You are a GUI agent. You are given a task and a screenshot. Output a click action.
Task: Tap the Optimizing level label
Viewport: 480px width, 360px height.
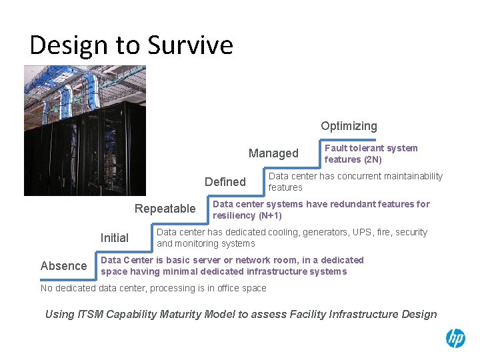coord(349,126)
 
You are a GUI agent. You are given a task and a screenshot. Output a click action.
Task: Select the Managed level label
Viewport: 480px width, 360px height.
coord(273,153)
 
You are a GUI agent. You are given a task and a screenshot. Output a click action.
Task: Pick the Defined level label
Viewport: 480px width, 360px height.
coord(225,182)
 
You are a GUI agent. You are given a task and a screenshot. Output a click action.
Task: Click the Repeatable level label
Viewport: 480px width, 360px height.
coord(165,209)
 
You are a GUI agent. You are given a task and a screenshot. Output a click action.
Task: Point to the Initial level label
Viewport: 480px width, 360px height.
coord(114,238)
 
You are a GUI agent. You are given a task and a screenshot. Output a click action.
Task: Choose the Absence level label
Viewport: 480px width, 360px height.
coord(63,266)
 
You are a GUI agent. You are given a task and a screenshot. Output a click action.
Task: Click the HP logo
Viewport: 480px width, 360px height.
coord(455,339)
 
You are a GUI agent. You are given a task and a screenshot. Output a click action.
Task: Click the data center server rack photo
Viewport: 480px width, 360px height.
coord(85,130)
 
